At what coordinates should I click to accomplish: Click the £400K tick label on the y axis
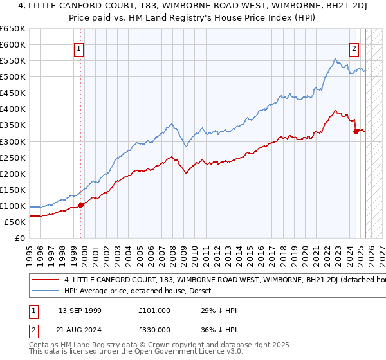(x=13, y=109)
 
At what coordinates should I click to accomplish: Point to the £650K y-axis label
(x=13, y=29)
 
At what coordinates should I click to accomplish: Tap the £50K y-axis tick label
(x=15, y=222)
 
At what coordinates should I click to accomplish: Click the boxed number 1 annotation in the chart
(x=78, y=47)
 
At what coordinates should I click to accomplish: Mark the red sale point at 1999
(x=81, y=205)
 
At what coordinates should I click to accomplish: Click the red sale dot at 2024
(x=356, y=131)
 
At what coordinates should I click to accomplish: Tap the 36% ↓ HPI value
(x=219, y=329)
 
